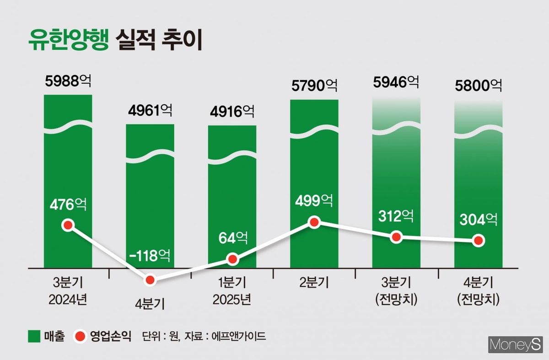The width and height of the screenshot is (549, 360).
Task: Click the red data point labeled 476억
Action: coord(68,225)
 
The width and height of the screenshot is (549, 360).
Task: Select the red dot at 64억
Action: coord(232,259)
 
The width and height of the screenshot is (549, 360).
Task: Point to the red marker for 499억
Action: coord(314,222)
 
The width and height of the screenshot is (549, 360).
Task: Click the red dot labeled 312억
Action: coord(396,237)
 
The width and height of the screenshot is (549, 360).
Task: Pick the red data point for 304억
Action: coord(479,241)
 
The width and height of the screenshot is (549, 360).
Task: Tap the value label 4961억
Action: coord(150,110)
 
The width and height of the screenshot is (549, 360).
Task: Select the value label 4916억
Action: coord(232,111)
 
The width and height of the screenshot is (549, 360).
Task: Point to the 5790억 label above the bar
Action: coord(314,85)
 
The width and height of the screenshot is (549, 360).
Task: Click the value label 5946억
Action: coord(396,82)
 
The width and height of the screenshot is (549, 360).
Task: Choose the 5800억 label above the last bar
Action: coord(479,85)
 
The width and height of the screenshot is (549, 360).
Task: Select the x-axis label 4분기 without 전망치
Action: coord(150,304)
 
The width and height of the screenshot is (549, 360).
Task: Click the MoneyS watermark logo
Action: coord(515,344)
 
